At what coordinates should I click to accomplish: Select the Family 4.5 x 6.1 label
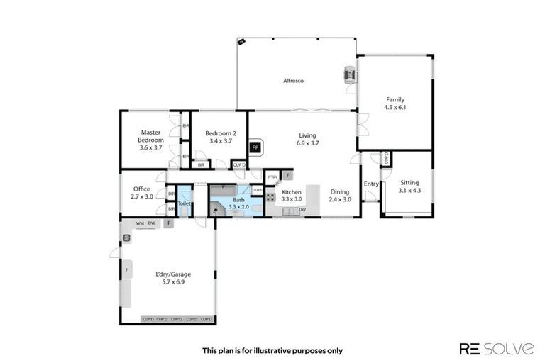(395, 104)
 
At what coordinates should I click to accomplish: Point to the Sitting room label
(409, 186)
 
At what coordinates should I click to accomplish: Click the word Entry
(371, 184)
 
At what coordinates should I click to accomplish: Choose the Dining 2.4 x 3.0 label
(340, 196)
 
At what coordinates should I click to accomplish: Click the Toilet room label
(184, 203)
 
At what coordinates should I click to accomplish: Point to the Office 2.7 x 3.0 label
(142, 192)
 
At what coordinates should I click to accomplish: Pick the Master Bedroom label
(150, 140)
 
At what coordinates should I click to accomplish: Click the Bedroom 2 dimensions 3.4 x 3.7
(221, 141)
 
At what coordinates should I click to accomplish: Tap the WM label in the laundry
(140, 224)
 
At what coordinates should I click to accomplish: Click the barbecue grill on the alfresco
(349, 76)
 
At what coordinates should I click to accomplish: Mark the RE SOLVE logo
(497, 348)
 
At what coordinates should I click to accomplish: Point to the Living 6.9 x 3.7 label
(307, 139)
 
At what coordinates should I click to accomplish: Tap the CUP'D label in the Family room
(385, 158)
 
